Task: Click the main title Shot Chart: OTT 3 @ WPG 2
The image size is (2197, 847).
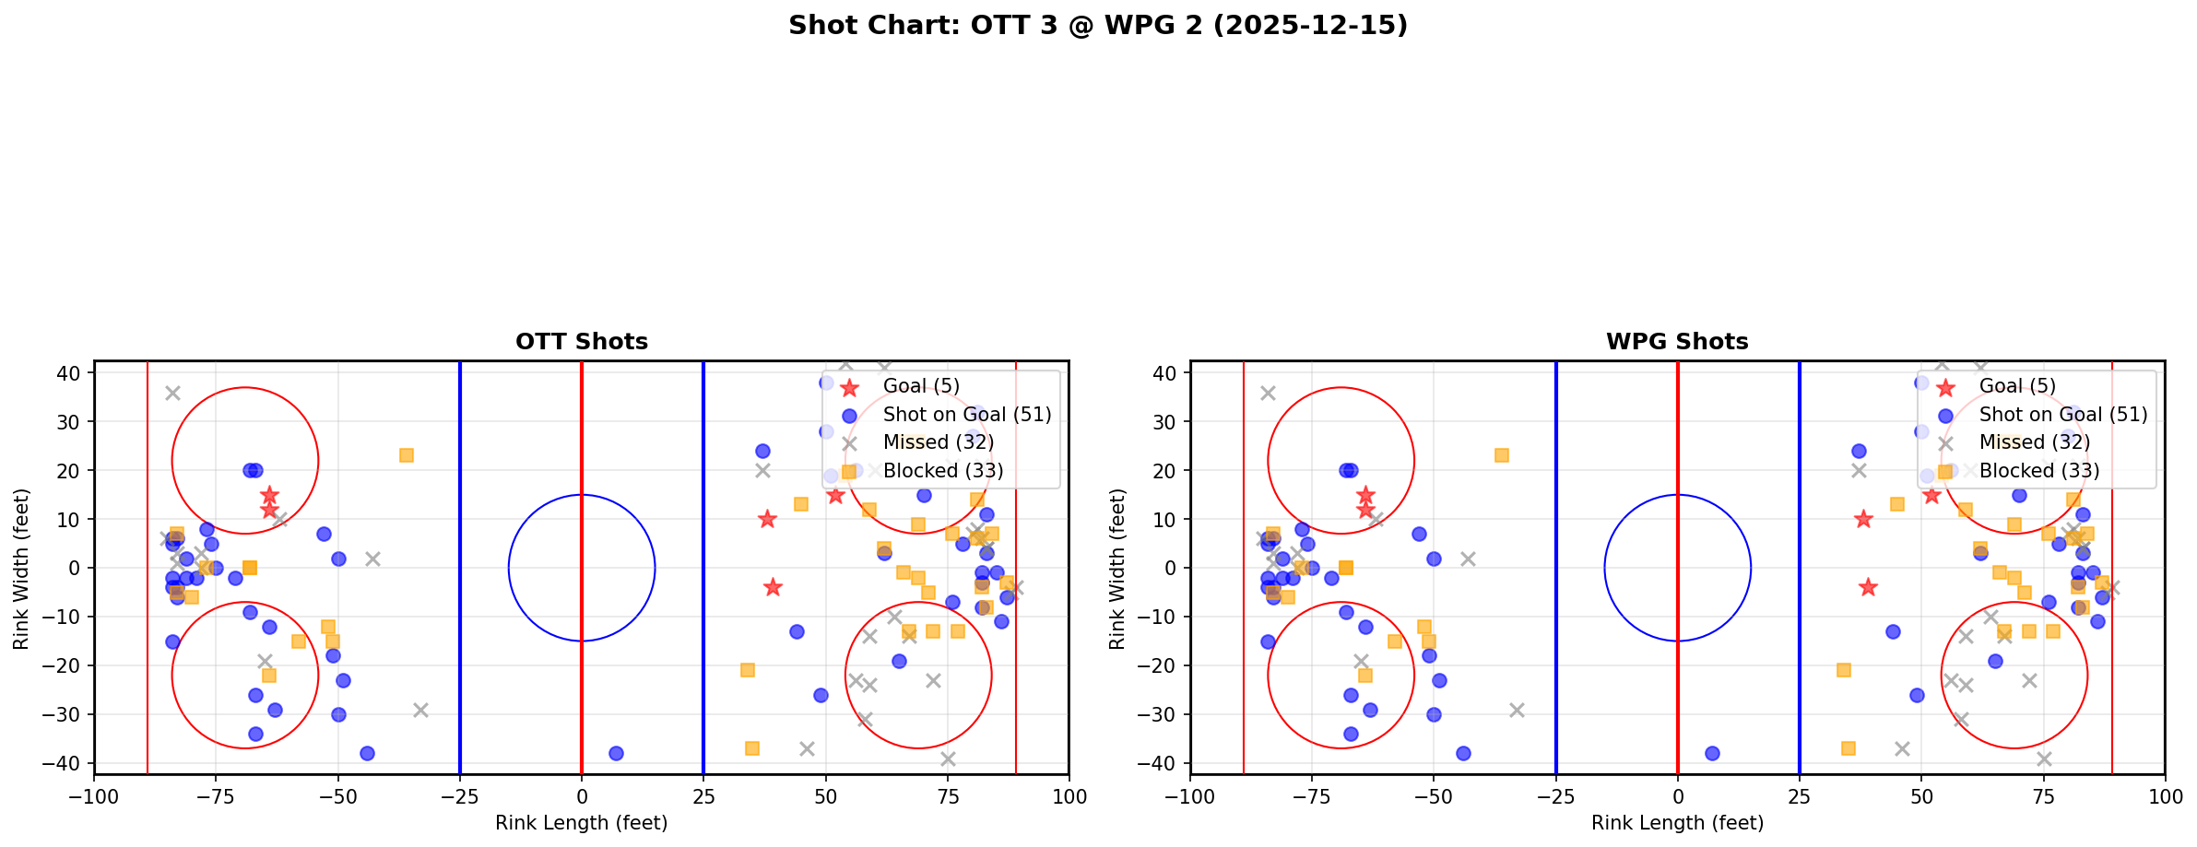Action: click(x=1097, y=25)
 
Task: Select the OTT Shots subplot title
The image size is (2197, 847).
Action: click(x=581, y=342)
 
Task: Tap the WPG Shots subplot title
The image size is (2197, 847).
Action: click(x=1676, y=342)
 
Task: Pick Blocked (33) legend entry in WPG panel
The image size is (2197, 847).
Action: click(x=2038, y=471)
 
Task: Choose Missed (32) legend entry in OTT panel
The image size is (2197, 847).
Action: click(x=938, y=442)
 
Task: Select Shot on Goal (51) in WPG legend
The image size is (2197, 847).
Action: click(x=2062, y=415)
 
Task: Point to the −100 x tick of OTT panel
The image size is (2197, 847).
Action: click(x=94, y=796)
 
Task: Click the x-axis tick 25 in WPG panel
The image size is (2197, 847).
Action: click(x=1799, y=796)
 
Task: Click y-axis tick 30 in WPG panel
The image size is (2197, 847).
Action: click(x=1164, y=421)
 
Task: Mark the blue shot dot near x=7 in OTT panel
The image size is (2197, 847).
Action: click(x=616, y=753)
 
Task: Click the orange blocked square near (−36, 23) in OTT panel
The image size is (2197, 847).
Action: click(x=406, y=455)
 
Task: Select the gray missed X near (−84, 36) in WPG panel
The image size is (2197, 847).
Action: click(x=1268, y=393)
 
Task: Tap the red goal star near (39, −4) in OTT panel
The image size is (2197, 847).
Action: click(x=773, y=587)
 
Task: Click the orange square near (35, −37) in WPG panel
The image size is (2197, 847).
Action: click(x=1848, y=748)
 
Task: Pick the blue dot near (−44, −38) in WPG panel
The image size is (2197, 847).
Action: click(x=1463, y=753)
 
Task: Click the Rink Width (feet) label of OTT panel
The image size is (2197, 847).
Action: click(x=21, y=568)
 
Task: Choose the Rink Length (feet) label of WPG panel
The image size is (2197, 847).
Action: click(x=1676, y=823)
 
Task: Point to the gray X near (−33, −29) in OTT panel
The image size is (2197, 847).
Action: click(x=420, y=710)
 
